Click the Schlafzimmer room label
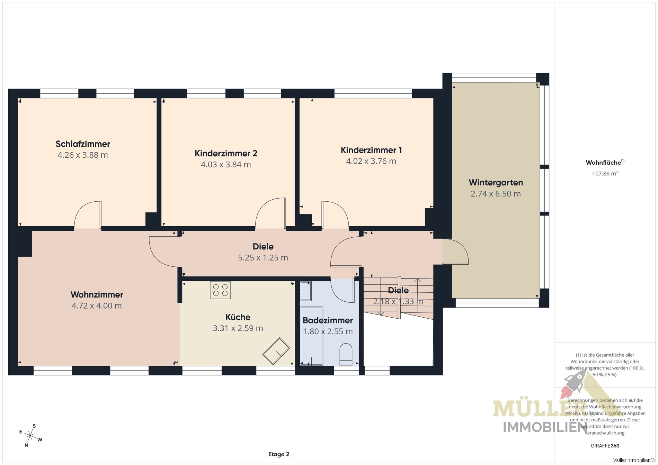tap(83, 144)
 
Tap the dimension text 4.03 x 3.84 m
tap(226, 164)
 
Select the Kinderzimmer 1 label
tap(371, 150)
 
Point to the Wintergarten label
tap(496, 183)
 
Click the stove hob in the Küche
tap(220, 290)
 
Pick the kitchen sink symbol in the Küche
tap(276, 351)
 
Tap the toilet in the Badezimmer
tap(346, 354)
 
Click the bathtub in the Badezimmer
tap(311, 336)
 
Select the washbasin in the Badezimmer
tap(305, 291)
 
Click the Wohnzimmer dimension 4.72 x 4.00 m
tap(97, 306)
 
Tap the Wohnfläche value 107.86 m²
tap(605, 173)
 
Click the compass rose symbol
tap(30, 435)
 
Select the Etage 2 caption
tap(279, 454)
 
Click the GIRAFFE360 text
tap(605, 446)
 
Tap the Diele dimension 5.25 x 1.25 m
tap(263, 258)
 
